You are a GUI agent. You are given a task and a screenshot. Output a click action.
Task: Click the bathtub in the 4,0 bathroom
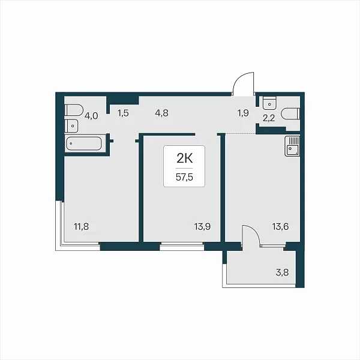(84, 143)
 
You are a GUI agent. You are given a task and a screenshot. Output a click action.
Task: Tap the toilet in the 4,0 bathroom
(73, 110)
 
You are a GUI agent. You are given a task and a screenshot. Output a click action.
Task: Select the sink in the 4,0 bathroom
(71, 126)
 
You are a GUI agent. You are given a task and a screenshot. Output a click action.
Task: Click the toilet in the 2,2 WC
(292, 114)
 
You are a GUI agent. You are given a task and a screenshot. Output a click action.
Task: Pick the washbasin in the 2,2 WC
(269, 103)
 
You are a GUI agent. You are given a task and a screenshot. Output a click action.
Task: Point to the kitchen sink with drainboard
(292, 146)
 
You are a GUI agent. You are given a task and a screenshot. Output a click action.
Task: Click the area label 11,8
(81, 227)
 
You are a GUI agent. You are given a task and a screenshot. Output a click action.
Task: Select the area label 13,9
(202, 227)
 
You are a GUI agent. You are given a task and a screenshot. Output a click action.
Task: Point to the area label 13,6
(280, 227)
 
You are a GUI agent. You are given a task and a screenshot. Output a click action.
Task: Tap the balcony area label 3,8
(282, 273)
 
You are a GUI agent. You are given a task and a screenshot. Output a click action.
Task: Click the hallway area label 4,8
(161, 113)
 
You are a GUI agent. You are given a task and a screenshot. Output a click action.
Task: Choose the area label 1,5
(123, 113)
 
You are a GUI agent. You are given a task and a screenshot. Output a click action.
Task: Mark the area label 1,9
(243, 113)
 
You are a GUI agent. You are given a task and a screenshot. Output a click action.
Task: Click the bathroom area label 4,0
(91, 116)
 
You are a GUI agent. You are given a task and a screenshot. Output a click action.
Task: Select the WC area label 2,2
(269, 118)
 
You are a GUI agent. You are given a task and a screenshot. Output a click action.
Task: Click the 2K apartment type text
(184, 158)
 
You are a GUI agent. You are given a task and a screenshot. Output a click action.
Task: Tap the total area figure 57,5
(184, 177)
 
